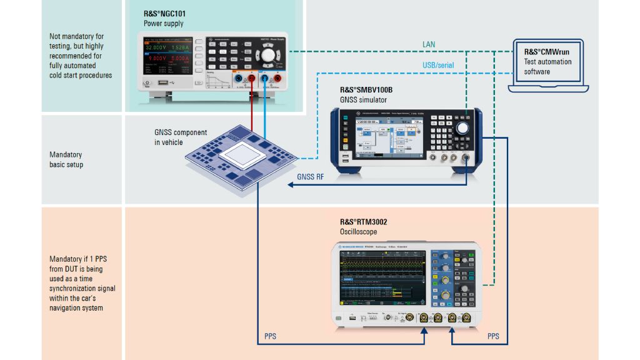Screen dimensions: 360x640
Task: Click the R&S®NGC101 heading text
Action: coord(164,13)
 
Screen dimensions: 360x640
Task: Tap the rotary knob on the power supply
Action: coord(268,55)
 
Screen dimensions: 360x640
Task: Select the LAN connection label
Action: coord(428,44)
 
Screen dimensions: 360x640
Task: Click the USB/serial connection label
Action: coord(438,65)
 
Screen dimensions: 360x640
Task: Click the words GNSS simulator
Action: coord(363,100)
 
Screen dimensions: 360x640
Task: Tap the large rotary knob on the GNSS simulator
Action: coord(463,128)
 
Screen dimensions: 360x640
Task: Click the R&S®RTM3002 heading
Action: coord(364,221)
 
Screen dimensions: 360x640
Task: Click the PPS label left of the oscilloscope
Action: coord(270,336)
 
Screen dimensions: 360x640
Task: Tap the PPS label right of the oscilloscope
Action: coord(493,336)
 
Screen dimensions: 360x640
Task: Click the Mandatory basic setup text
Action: coord(66,159)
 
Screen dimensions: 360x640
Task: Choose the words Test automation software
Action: coord(547,67)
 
